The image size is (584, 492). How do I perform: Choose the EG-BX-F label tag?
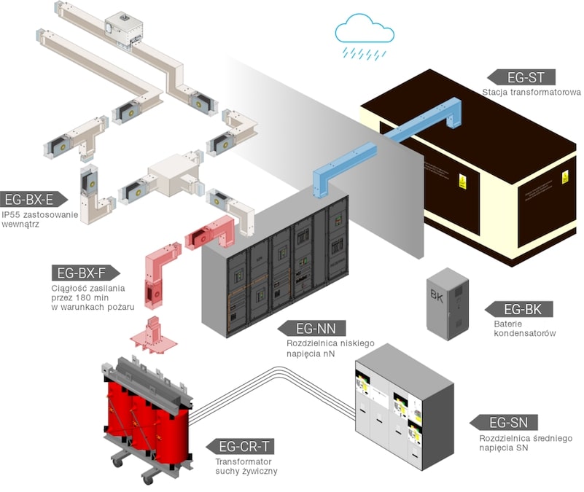point(82,274)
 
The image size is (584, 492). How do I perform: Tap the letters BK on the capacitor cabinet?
point(437,296)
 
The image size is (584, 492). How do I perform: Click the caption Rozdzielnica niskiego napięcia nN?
point(322,348)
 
